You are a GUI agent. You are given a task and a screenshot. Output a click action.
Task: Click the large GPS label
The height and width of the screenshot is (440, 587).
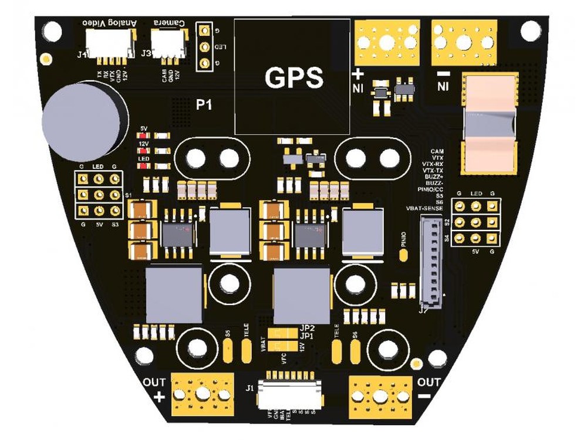[294, 78]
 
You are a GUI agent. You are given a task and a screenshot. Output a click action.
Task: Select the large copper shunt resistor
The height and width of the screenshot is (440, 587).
[490, 124]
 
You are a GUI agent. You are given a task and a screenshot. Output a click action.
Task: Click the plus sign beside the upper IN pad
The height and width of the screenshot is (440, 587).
[357, 74]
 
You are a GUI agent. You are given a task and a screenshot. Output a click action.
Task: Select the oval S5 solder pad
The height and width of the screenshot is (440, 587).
[228, 351]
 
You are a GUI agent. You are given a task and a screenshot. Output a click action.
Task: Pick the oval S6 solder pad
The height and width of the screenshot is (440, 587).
[355, 351]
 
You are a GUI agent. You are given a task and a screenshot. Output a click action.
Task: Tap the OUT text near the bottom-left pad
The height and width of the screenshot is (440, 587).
[154, 383]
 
